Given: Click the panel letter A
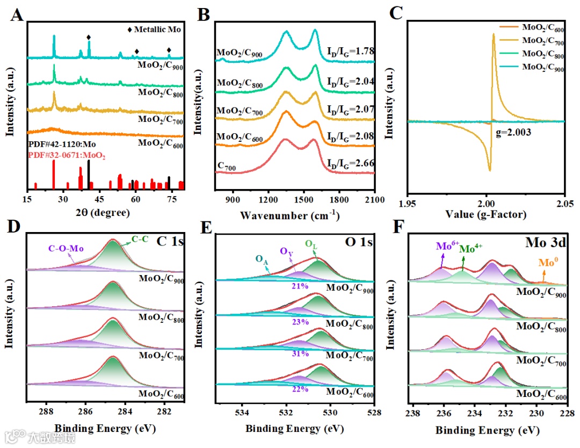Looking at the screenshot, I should [17, 15].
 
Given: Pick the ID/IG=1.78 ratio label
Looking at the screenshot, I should [350, 52].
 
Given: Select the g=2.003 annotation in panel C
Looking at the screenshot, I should [513, 131].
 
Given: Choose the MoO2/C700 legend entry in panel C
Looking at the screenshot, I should [541, 40].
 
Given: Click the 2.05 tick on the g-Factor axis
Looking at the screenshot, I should [564, 204].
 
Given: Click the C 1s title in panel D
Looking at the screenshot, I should [171, 241].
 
